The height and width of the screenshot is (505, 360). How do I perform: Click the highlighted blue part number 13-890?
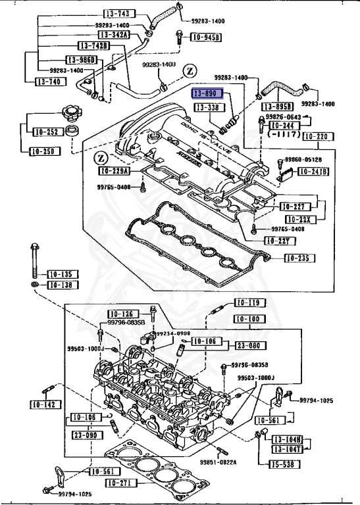coord(208,95)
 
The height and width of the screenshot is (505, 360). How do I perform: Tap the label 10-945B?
coord(206,38)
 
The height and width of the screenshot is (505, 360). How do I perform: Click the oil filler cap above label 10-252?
coord(69,112)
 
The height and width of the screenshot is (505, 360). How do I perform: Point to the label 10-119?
coord(243,303)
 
